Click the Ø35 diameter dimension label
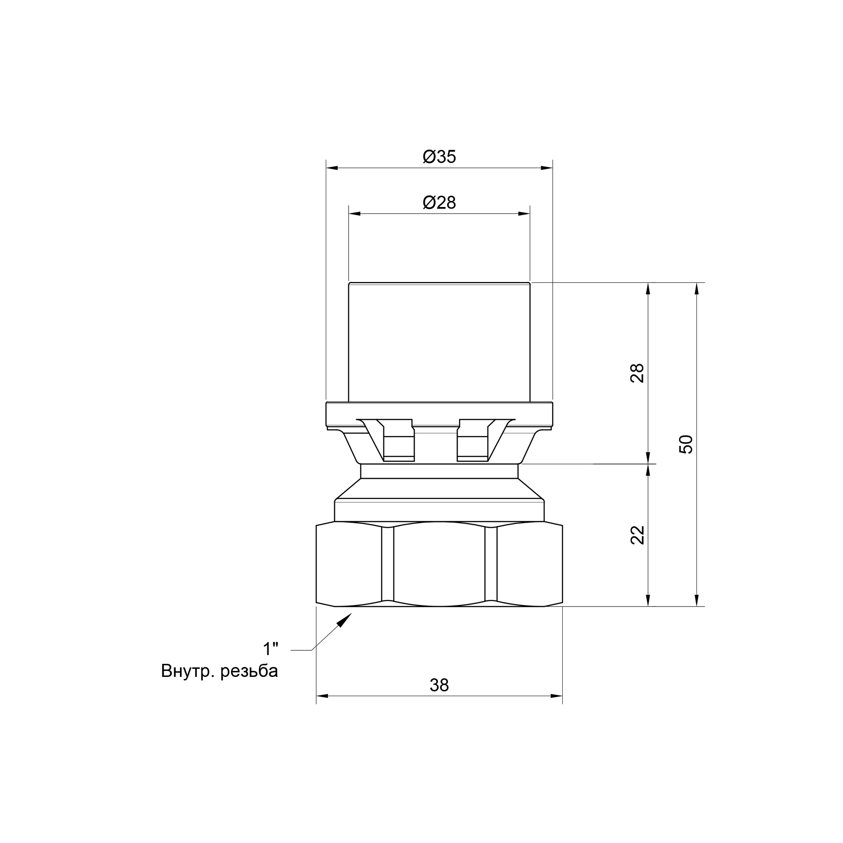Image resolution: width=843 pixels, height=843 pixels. (x=439, y=157)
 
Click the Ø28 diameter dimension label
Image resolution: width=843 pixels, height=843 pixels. (x=439, y=202)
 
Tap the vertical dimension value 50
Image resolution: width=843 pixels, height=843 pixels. (x=686, y=444)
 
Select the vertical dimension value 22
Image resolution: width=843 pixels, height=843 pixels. (x=637, y=535)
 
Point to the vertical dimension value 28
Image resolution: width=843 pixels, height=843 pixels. (x=637, y=373)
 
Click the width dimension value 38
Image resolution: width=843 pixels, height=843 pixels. (x=439, y=685)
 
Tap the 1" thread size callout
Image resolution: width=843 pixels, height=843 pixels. (x=271, y=649)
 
